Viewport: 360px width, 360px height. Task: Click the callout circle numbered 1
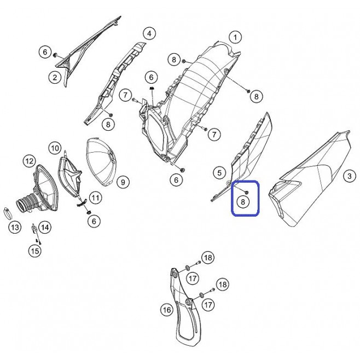point(235,37)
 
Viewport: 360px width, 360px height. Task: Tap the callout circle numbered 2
point(55,77)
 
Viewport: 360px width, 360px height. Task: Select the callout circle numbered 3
point(349,176)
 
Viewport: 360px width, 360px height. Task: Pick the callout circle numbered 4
point(149,34)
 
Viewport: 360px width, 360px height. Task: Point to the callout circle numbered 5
point(219,172)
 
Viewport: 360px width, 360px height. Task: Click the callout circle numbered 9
point(123,182)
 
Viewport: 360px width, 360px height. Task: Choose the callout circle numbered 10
point(55,148)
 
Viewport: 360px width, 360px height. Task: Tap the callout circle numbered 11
point(95,198)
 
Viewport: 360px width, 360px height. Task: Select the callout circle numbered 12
point(30,161)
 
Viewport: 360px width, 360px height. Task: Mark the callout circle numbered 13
point(15,228)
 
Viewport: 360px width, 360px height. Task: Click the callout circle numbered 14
point(45,227)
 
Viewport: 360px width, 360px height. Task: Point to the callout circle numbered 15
point(35,251)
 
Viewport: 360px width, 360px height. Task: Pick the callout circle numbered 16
point(167,310)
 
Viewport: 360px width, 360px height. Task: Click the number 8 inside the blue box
point(243,202)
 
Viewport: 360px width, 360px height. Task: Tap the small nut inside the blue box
point(247,192)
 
